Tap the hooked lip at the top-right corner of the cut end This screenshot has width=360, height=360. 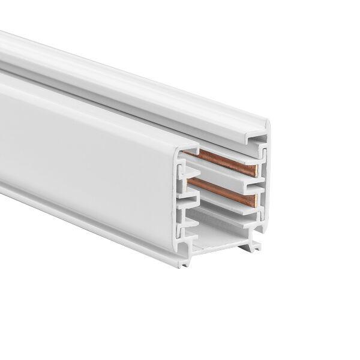point(262,139)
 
